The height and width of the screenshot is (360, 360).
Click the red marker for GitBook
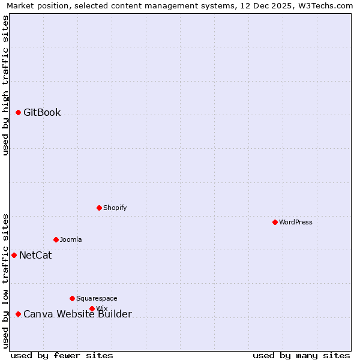pos(19,113)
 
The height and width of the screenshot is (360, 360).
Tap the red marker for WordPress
pos(275,222)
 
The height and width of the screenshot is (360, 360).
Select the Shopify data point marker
pos(100,208)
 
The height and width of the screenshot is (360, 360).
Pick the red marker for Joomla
pos(56,239)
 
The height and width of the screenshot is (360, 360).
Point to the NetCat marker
pos(14,255)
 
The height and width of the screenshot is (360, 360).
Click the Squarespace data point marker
pos(73,298)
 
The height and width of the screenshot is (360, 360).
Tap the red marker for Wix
pos(92,308)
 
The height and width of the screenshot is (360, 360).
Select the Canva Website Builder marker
pos(19,314)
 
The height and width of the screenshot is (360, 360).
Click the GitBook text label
pos(42,113)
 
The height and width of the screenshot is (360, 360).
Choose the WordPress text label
pos(296,222)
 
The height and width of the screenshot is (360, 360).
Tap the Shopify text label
pos(115,208)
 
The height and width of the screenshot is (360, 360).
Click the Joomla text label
pos(71,239)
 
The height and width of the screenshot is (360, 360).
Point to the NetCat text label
pos(35,255)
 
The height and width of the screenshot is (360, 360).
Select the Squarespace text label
pos(97,298)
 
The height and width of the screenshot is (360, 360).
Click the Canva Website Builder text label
pos(77,314)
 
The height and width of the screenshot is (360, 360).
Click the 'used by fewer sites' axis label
pos(62,355)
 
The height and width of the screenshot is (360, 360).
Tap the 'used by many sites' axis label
pos(301,355)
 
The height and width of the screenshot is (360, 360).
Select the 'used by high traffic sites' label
pos(5,85)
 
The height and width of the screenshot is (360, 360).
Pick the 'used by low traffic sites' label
pos(5,281)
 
